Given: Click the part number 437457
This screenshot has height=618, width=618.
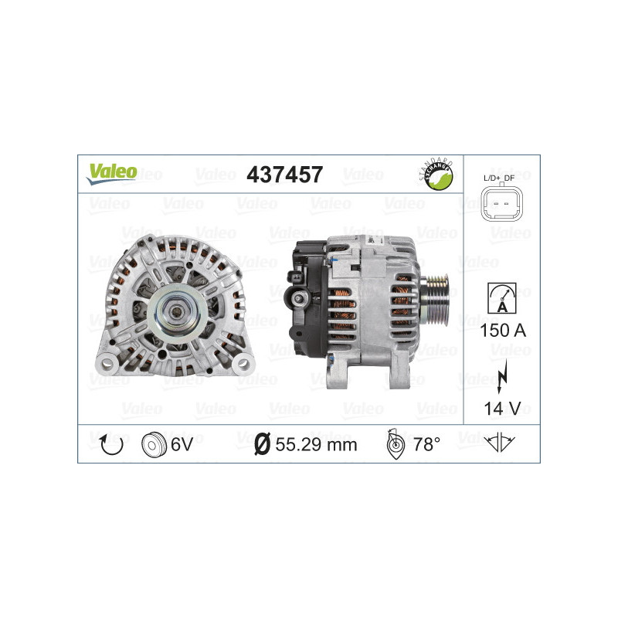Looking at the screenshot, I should [x=284, y=175].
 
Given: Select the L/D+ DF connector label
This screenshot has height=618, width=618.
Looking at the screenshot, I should [x=502, y=178].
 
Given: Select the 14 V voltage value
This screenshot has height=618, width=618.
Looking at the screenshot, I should [x=502, y=408].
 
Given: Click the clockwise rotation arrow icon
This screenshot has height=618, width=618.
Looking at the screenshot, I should [x=113, y=443].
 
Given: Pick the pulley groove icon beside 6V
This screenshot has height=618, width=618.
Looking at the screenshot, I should [x=154, y=444].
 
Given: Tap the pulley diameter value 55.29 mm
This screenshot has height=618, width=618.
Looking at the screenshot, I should [x=315, y=444].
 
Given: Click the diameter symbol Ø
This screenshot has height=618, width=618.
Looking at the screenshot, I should [x=262, y=444].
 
